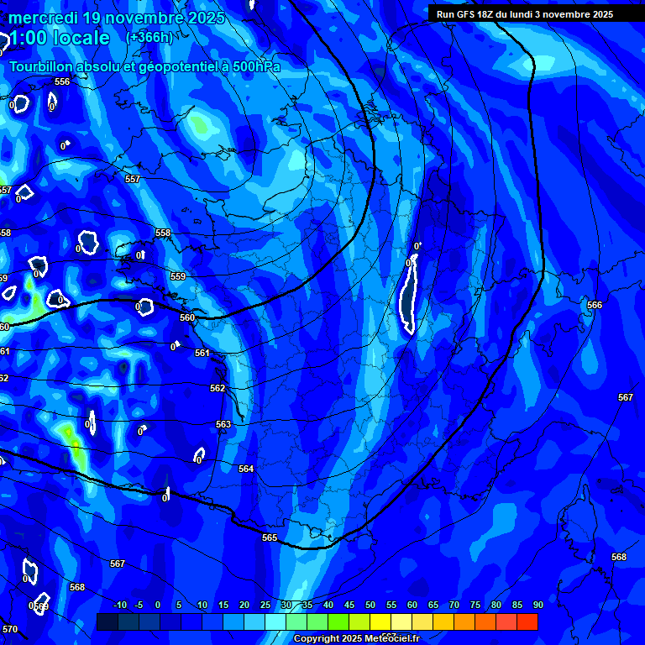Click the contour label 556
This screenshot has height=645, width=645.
click(x=62, y=81)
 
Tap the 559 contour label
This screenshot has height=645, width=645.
click(x=178, y=276)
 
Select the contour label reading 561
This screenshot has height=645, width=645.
click(x=202, y=354)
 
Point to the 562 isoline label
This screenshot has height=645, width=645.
click(x=218, y=388)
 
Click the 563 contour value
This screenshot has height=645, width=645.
click(x=223, y=425)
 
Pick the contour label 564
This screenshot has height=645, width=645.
click(x=246, y=469)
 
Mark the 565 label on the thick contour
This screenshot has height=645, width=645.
click(x=270, y=537)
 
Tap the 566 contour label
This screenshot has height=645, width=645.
click(x=595, y=306)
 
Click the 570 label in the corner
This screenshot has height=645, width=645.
click(x=9, y=629)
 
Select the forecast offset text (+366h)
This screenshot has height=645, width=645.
click(x=149, y=37)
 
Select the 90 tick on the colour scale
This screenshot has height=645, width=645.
click(x=537, y=605)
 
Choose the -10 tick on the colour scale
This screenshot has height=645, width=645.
click(x=119, y=605)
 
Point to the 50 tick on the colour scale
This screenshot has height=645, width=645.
click(x=370, y=605)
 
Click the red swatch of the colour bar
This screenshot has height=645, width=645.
click(x=527, y=621)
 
